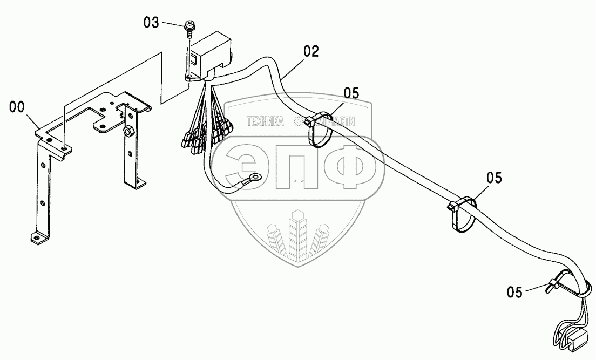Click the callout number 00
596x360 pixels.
(x=17, y=107)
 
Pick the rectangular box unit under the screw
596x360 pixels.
(x=212, y=54)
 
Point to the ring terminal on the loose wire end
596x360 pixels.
(x=253, y=176)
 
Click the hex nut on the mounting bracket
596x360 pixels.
(x=129, y=131)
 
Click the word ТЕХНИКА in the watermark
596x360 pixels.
(x=265, y=121)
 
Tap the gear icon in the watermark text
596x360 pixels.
(x=298, y=121)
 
